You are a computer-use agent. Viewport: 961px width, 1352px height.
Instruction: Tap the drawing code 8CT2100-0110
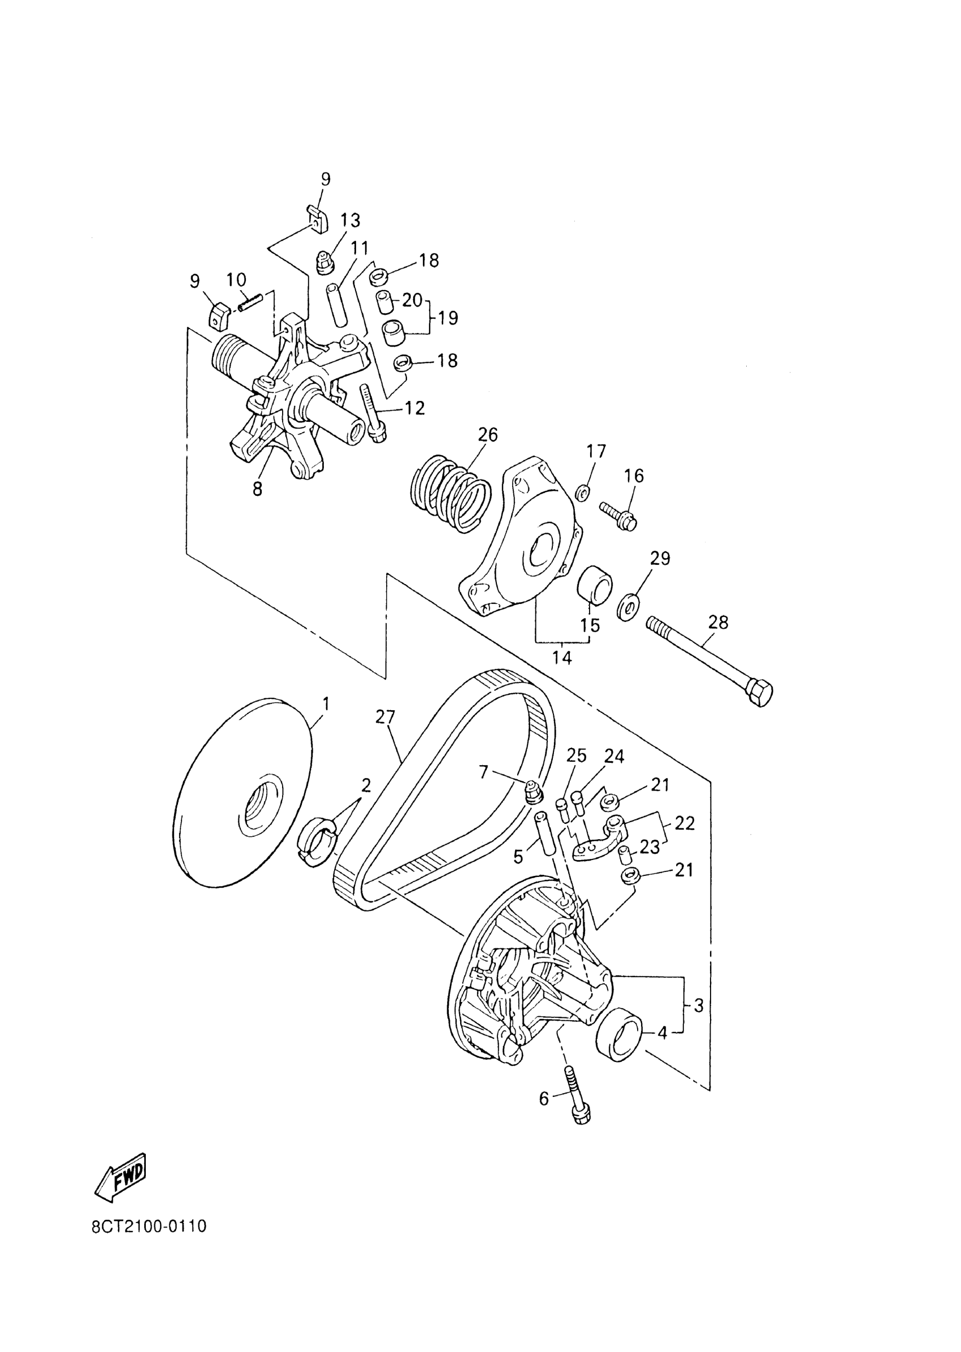pyautogui.click(x=149, y=1225)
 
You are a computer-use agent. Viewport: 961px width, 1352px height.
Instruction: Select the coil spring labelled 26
pyautogui.click(x=451, y=493)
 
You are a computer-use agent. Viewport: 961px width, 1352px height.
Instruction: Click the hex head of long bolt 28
pyautogui.click(x=760, y=693)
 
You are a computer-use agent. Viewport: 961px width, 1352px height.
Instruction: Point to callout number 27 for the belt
pyautogui.click(x=384, y=718)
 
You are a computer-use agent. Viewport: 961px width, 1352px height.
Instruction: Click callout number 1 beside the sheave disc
pyautogui.click(x=326, y=705)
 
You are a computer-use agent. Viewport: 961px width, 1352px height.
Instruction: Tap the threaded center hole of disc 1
pyautogui.click(x=258, y=806)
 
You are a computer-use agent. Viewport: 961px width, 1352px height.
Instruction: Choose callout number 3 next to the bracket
pyautogui.click(x=698, y=1005)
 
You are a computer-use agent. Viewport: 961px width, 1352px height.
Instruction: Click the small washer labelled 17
pyautogui.click(x=581, y=493)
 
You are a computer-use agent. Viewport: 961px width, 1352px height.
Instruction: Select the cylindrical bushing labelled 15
pyautogui.click(x=595, y=585)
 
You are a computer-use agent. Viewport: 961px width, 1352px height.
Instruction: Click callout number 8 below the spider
pyautogui.click(x=257, y=489)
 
